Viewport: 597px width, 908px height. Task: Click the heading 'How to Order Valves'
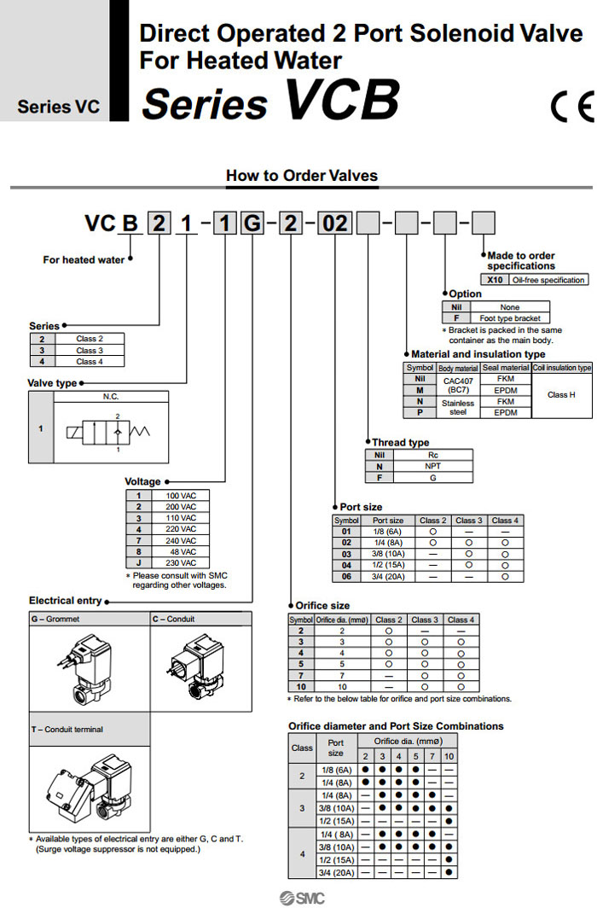tap(301, 176)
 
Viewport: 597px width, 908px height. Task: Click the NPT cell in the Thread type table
tap(432, 467)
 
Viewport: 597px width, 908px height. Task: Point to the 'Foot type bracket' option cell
tap(510, 317)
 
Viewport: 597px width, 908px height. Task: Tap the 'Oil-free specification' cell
tap(548, 280)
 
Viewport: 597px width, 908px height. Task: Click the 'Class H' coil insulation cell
tap(561, 395)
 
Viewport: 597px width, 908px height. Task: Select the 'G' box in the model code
tap(252, 225)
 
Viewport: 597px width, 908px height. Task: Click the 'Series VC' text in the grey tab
tap(58, 108)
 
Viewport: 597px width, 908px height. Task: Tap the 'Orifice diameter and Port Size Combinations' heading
tap(396, 726)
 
